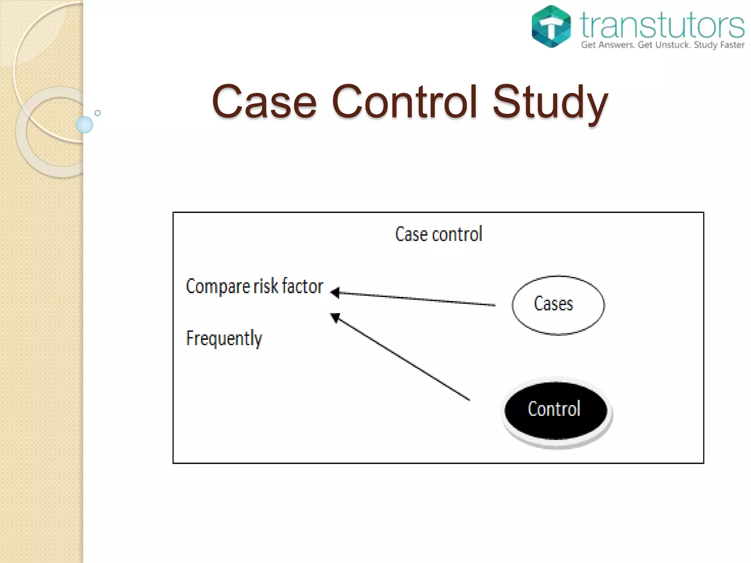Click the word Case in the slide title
tap(264, 102)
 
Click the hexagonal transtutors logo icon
tap(551, 26)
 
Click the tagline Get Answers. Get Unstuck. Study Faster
tap(662, 45)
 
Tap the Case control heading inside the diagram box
tap(439, 234)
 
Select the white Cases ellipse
tap(558, 305)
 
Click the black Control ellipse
tap(555, 410)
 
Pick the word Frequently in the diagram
tap(224, 338)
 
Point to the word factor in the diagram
tap(303, 286)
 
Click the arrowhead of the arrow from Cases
tap(335, 292)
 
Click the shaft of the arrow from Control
tap(403, 359)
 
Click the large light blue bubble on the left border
tap(84, 125)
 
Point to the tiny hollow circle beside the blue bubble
tap(98, 113)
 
